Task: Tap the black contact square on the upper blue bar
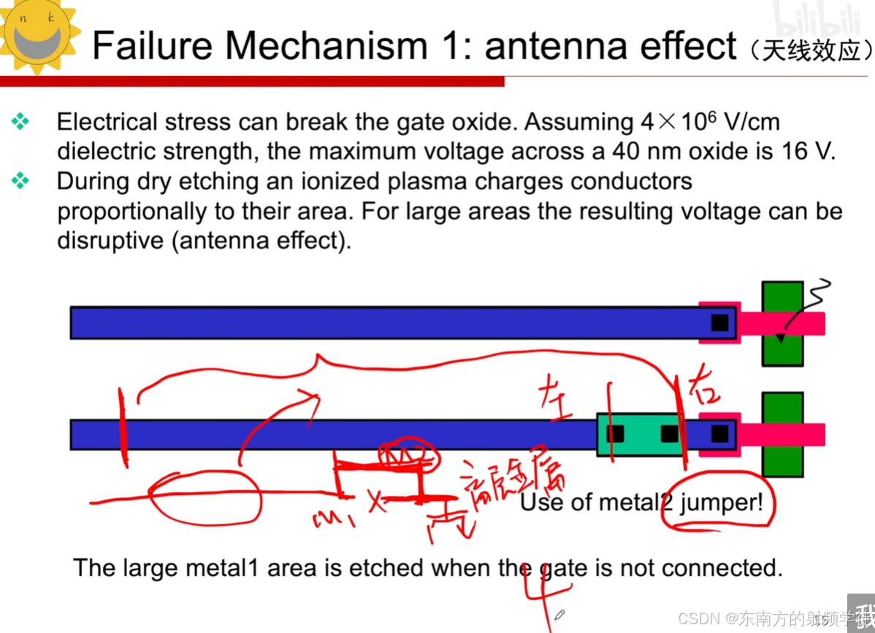720,322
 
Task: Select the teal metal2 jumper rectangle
641,434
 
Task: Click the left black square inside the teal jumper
615,434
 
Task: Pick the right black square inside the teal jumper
669,434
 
